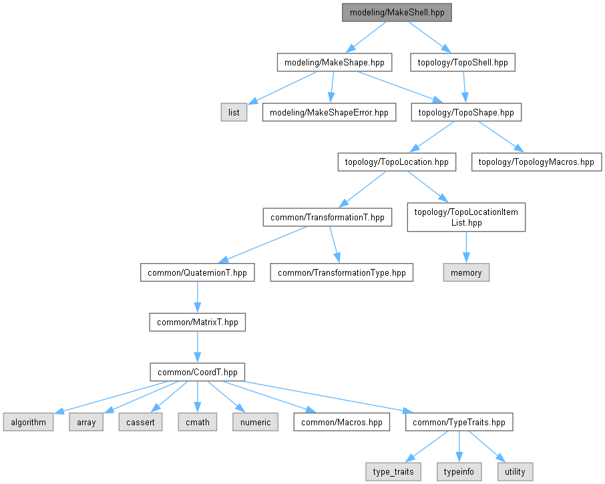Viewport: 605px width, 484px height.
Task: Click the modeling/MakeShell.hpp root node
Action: coord(397,13)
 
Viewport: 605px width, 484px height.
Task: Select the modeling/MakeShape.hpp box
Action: coord(334,63)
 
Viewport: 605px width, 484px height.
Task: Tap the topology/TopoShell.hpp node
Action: coord(463,63)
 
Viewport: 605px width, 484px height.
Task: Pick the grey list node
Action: coord(234,112)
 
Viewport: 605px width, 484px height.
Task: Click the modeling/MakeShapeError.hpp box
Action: coord(329,112)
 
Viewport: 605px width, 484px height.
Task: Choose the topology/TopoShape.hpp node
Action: coord(466,112)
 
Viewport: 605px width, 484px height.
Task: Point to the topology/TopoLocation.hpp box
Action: coord(397,162)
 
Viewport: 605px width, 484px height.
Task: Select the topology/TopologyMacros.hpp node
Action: coord(536,162)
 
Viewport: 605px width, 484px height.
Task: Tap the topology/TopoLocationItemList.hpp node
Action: coord(466,218)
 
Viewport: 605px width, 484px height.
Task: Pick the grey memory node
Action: coord(466,272)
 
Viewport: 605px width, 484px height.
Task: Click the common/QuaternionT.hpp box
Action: coord(197,272)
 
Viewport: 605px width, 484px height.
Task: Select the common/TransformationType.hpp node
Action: coord(341,272)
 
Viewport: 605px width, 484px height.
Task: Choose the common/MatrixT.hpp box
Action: coord(197,322)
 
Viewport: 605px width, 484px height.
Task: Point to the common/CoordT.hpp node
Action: coord(197,372)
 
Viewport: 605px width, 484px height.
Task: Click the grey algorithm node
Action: coord(27,422)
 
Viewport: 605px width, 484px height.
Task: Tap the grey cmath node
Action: coord(197,422)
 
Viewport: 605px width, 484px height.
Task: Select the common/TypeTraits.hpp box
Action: coord(459,422)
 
